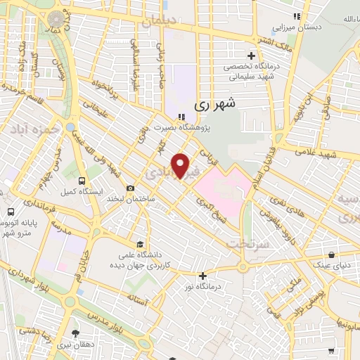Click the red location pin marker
point(182,166)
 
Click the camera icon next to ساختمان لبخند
point(131,188)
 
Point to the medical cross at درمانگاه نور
point(202,276)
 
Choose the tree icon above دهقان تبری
point(76,333)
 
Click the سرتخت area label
point(245,243)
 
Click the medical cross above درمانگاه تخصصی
point(251,56)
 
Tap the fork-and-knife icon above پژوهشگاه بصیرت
point(181,117)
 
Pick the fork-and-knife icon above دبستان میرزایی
point(297,16)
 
